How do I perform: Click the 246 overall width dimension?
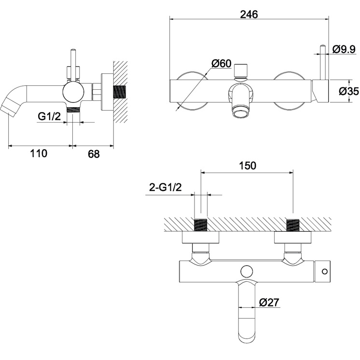(x=249, y=14)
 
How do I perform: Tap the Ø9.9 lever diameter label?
(x=344, y=49)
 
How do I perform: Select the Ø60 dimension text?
(x=222, y=63)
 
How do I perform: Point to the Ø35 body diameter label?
(x=349, y=91)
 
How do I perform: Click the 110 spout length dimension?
(x=39, y=153)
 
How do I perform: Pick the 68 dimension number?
(x=94, y=154)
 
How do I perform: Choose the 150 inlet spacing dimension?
(x=248, y=166)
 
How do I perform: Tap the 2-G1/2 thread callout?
(x=166, y=187)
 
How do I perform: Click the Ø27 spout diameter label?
(x=269, y=303)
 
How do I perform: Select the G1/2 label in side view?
(x=49, y=116)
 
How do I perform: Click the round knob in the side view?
(x=73, y=92)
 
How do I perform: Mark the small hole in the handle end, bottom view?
(x=325, y=272)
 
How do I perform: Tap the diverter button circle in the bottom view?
(x=247, y=271)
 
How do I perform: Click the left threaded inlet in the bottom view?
(x=201, y=225)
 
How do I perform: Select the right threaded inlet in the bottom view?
(x=293, y=225)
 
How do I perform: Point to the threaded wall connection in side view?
(x=120, y=92)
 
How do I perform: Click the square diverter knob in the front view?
(x=241, y=71)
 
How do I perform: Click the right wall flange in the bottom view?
(x=293, y=237)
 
